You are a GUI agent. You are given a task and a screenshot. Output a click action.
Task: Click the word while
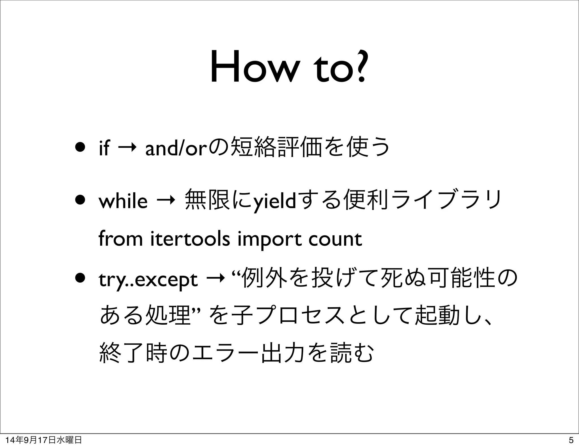point(123,201)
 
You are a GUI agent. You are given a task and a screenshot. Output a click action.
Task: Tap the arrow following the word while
point(166,201)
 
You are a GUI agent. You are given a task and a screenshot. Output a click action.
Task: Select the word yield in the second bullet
point(274,201)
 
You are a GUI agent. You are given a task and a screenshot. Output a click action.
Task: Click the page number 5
point(571,440)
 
